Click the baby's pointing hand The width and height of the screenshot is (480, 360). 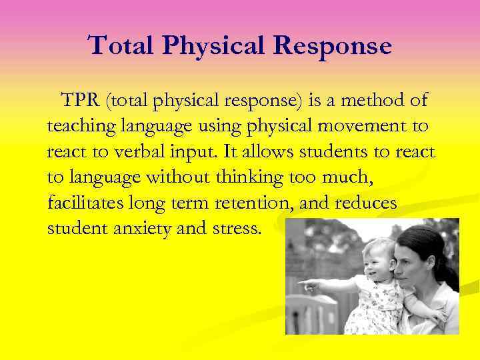(x=307, y=285)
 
